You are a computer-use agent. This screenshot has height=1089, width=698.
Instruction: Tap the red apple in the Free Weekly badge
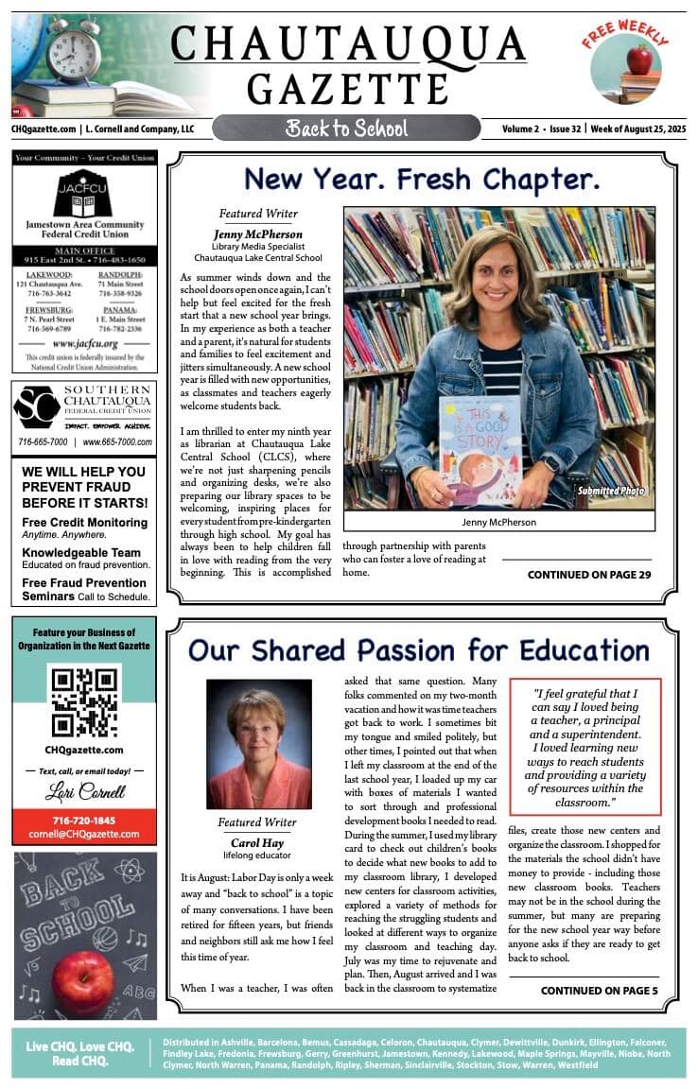point(639,60)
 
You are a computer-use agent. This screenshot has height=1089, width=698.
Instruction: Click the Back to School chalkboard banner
point(346,128)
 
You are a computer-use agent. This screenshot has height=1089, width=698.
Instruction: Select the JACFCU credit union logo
point(84,194)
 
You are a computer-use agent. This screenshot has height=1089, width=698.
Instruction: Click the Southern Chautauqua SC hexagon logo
point(37,407)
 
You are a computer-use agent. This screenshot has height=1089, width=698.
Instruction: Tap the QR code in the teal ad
point(84,700)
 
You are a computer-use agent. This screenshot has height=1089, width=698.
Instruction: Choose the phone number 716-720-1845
point(84,820)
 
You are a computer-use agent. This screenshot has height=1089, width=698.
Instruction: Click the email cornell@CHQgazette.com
point(84,834)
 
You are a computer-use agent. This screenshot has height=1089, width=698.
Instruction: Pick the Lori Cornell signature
point(84,792)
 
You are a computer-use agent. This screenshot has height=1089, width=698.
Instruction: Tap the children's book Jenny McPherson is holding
point(480,449)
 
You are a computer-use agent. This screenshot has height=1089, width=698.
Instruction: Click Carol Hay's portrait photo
point(258,744)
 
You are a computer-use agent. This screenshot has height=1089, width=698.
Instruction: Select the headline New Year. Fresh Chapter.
point(422,179)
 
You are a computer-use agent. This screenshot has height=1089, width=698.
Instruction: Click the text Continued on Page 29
point(589,575)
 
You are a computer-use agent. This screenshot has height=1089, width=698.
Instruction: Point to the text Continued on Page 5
point(599,991)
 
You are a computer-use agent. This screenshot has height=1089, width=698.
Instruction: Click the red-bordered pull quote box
point(585,746)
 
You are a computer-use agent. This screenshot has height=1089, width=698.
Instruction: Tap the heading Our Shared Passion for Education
point(418,650)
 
